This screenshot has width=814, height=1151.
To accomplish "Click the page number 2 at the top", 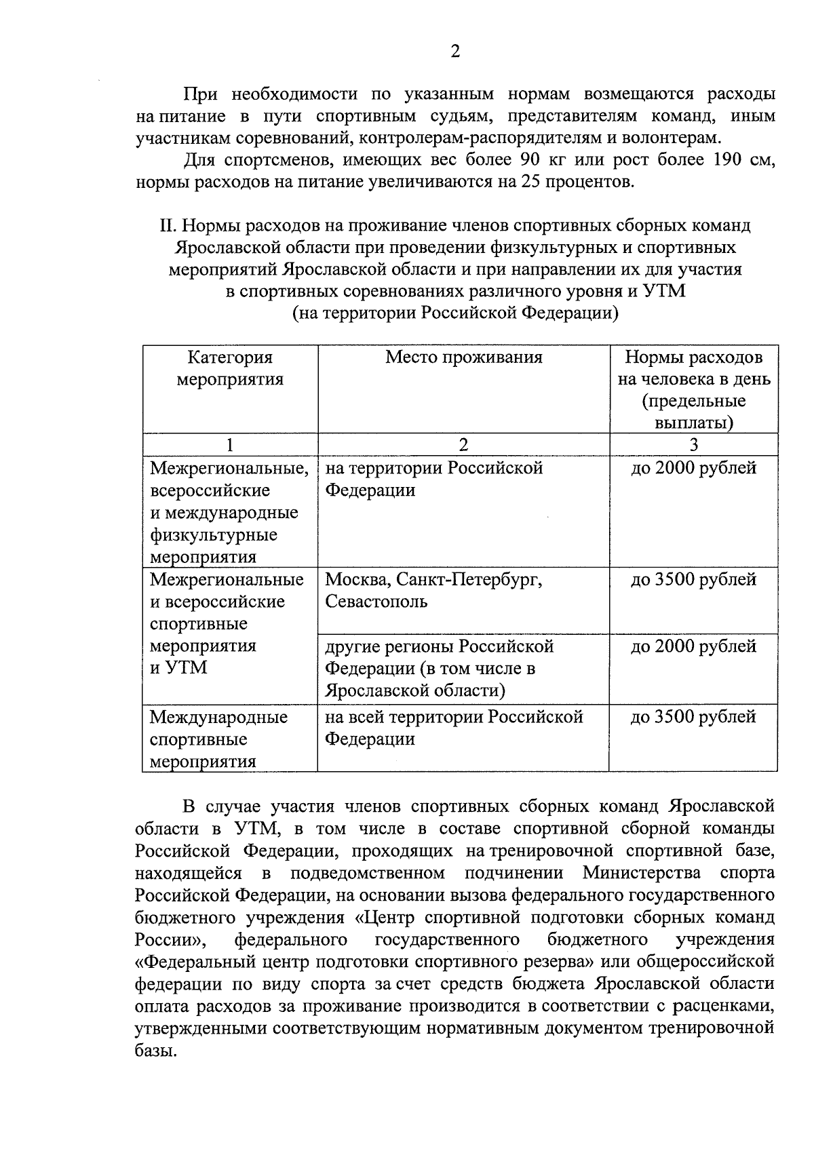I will click(455, 52).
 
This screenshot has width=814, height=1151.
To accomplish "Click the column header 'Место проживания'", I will click(464, 357).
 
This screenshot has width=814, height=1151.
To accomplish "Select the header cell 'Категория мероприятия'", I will click(230, 368).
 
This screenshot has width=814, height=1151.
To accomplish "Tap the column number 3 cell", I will click(693, 445).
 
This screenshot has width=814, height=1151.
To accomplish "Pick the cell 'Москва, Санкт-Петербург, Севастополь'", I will click(463, 600).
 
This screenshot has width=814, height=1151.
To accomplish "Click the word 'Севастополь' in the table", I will click(376, 602).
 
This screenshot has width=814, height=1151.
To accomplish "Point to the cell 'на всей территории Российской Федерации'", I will click(463, 737).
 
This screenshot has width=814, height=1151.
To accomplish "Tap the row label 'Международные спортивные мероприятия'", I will click(229, 739).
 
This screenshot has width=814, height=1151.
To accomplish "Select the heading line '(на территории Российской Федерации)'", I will click(455, 313).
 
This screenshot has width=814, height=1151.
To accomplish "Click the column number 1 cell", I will click(230, 445).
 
